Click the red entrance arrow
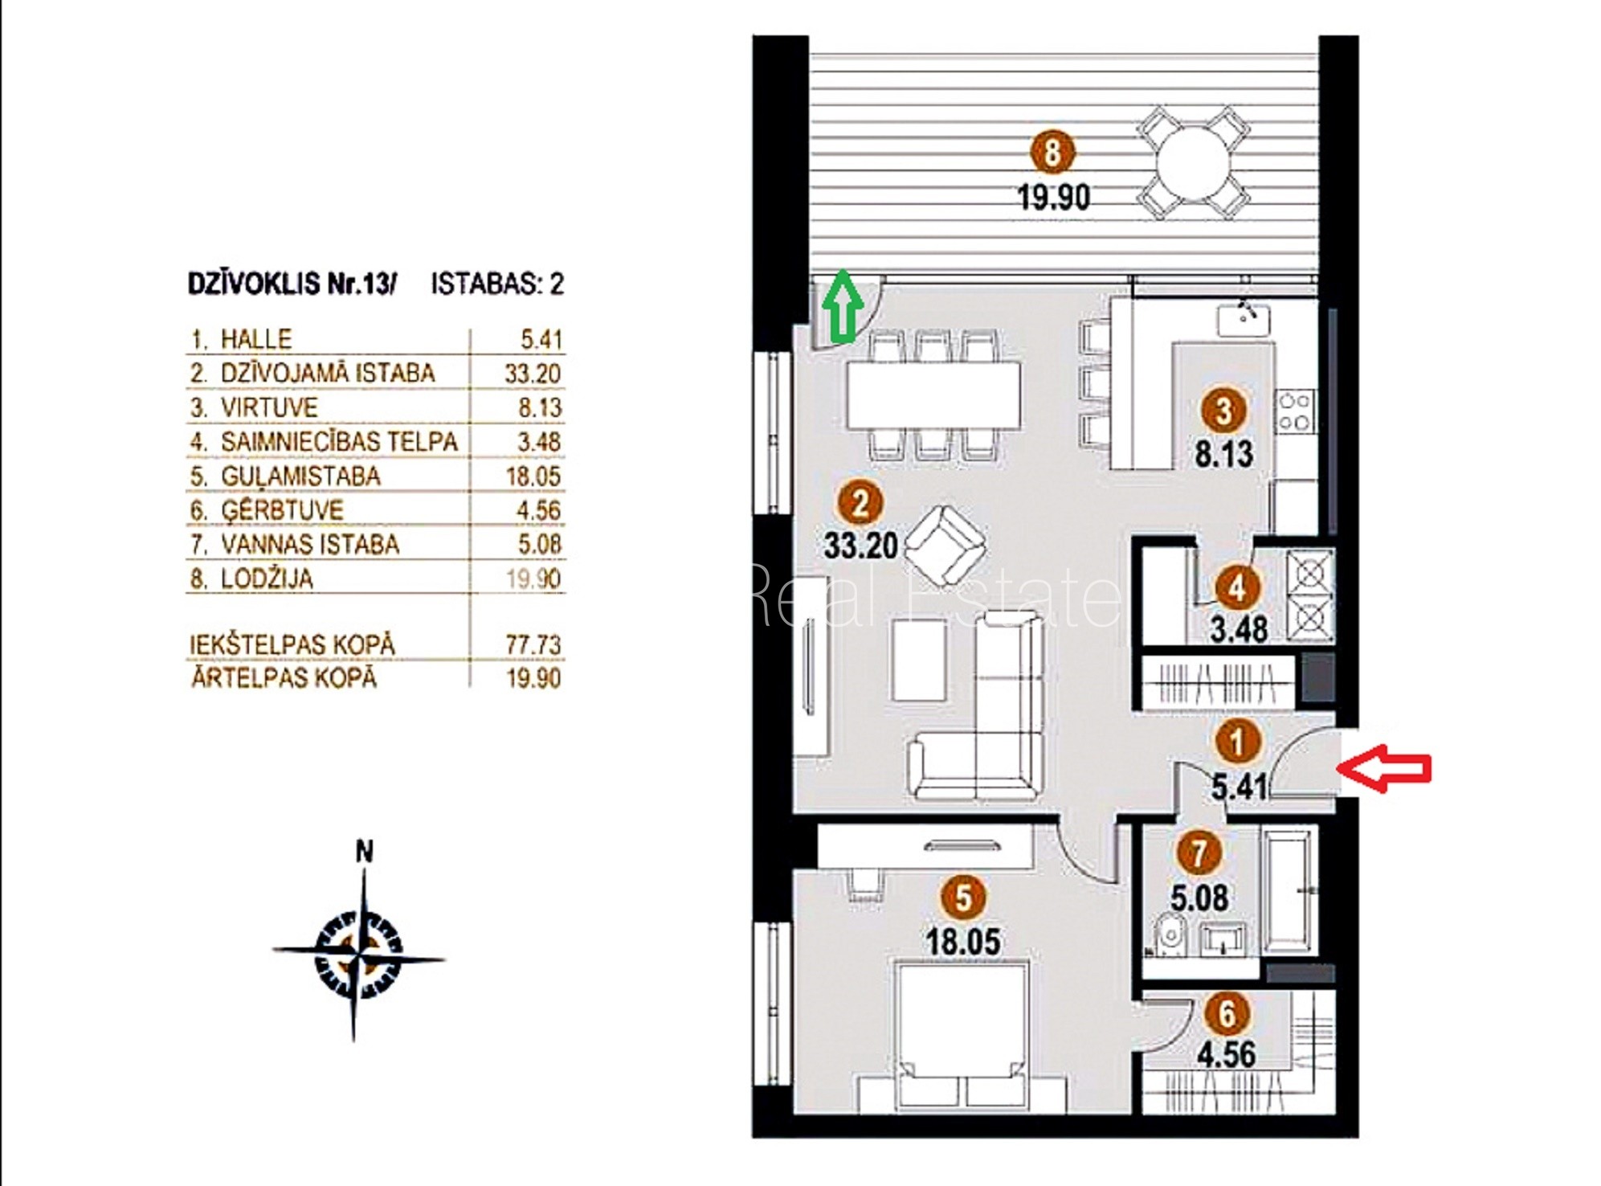1383,768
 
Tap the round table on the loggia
1193,164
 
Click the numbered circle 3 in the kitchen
1223,411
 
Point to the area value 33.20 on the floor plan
860,546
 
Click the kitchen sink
1243,319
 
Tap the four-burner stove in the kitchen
1295,411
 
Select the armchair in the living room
945,546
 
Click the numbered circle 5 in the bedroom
964,898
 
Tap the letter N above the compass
365,850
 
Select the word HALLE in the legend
256,339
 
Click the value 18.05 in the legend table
533,476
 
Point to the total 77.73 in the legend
533,644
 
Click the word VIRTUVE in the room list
269,407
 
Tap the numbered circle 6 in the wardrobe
1227,1014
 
